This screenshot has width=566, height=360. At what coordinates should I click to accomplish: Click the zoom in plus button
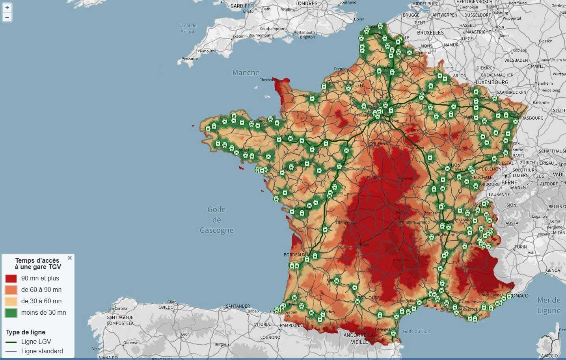pos(7,7)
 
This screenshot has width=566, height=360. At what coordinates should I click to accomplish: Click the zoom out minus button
pos(7,17)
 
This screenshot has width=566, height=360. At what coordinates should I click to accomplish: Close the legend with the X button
pos(70,258)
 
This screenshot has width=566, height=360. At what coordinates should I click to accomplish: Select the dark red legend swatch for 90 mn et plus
pos(11,278)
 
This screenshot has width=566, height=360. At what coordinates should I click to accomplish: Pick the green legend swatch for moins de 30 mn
pos(11,313)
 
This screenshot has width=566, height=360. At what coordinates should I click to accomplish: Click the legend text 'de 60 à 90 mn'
pos(41,290)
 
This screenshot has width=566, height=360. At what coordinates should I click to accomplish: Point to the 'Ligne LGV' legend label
pos(36,342)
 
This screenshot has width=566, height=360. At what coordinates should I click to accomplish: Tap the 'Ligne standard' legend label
pos(42,351)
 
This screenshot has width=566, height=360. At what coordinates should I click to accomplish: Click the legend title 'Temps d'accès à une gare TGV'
pos(37,264)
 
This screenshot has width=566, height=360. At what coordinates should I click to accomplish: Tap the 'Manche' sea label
pos(246,72)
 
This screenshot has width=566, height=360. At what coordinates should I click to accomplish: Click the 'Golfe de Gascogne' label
pos(216,220)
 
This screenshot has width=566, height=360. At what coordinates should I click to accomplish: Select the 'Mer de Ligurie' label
pos(549,305)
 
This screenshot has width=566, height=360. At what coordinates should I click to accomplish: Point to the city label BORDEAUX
pos(294,255)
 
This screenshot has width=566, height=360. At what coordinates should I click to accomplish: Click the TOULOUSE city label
pos(369,298)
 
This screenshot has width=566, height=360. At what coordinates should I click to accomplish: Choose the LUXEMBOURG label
pos(492,83)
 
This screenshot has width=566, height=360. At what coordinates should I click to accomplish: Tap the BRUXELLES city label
pos(430,33)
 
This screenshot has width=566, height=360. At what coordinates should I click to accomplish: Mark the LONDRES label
pos(306,4)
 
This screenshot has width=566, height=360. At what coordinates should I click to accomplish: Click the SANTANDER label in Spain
pos(238,306)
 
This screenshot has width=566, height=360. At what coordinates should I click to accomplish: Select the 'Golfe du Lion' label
pos(416,331)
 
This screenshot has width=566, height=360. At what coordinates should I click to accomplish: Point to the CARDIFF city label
pos(240,6)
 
